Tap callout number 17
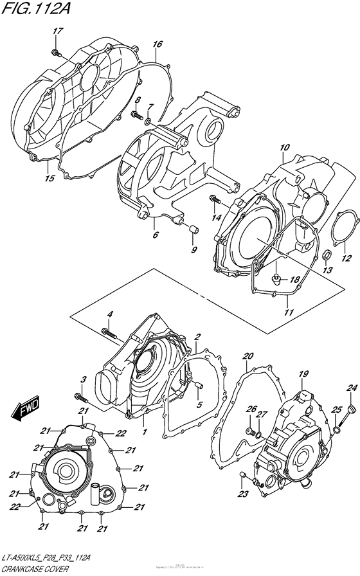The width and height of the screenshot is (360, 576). point(57,32)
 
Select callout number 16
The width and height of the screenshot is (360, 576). point(157,44)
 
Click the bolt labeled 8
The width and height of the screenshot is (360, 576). point(137,116)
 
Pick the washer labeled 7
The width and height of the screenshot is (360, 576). point(148,120)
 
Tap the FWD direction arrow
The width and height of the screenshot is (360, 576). point(30,410)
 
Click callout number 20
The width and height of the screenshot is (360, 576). point(249,355)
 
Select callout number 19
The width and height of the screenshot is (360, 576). point(304,373)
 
